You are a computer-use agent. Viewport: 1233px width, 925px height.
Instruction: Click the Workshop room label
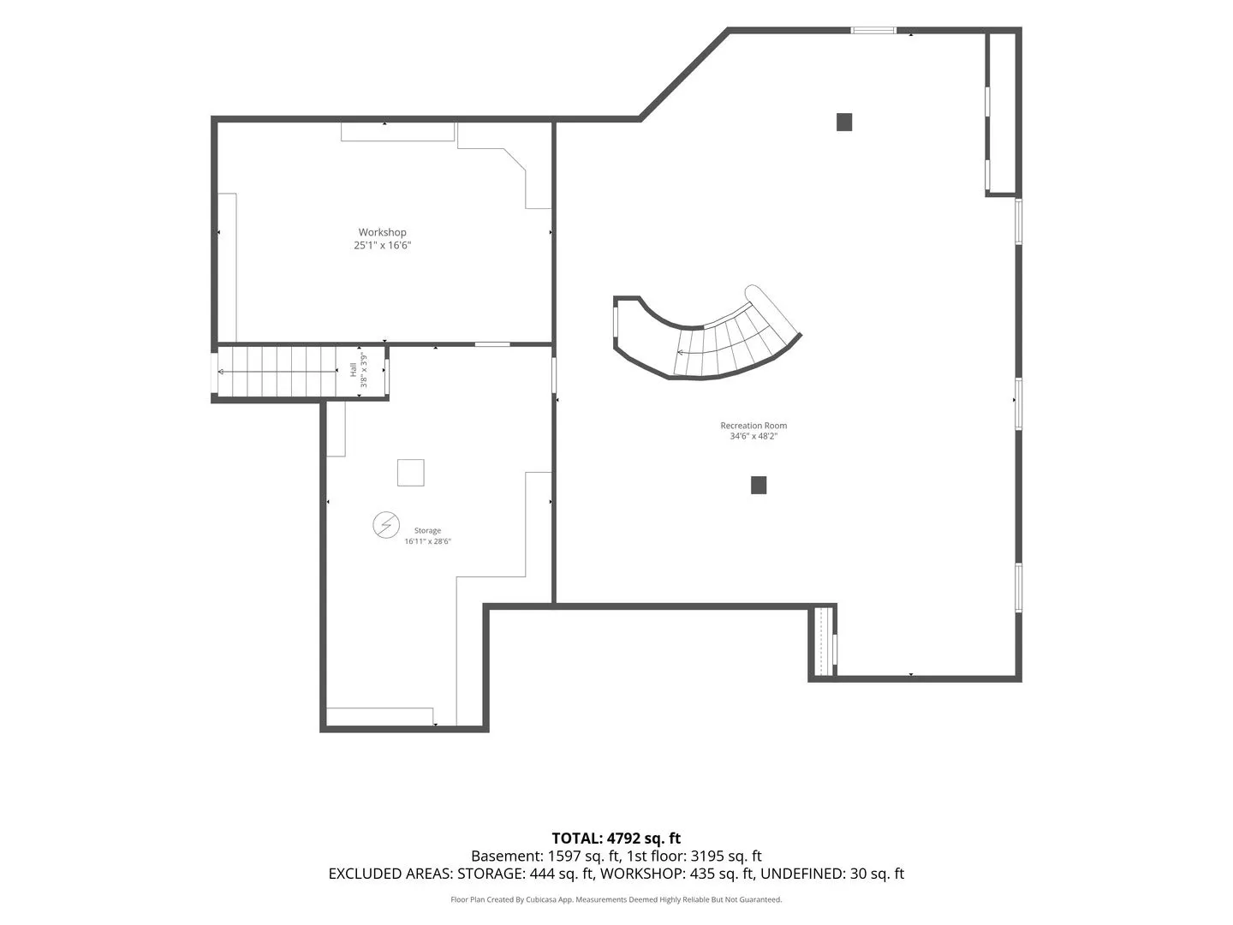382,232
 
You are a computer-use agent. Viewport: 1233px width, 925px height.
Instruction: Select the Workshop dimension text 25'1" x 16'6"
382,245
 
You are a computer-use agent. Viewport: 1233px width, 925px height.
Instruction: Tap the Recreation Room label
753,425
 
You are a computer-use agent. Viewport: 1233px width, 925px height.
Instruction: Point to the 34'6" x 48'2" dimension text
753,436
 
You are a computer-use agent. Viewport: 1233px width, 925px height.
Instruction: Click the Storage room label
427,530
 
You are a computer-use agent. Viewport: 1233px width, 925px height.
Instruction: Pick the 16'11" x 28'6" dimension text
427,540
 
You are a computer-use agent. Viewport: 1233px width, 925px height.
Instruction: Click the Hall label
354,369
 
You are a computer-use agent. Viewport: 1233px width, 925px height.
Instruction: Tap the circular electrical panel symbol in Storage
386,525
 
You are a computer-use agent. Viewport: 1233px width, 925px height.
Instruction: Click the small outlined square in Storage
411,472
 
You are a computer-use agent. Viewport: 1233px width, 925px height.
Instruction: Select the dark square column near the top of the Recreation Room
843,122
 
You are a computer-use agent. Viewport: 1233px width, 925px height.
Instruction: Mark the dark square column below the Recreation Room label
759,485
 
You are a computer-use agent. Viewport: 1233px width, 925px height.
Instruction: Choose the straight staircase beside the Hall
277,371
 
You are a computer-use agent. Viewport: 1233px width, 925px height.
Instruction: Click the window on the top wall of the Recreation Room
873,30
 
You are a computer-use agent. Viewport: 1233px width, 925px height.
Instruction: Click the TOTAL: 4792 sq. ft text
616,838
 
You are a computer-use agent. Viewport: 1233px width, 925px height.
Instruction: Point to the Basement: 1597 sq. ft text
545,856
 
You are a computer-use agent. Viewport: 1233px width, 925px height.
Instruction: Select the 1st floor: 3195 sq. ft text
694,856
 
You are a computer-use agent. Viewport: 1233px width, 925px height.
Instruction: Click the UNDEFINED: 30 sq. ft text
832,874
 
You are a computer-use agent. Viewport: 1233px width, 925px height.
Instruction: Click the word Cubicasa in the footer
539,899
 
